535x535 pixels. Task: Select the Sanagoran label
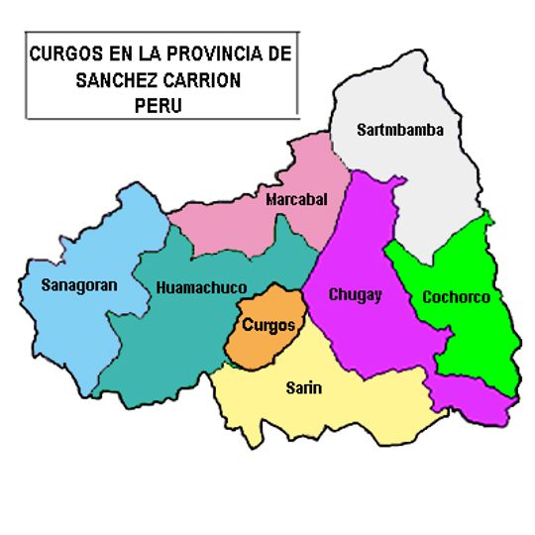(x=79, y=285)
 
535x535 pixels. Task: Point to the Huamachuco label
(x=201, y=287)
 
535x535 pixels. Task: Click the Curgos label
(x=268, y=324)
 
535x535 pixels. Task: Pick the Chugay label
(x=356, y=294)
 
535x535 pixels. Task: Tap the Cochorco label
(x=456, y=296)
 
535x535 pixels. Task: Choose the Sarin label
(x=303, y=387)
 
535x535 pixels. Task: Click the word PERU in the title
(x=160, y=102)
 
